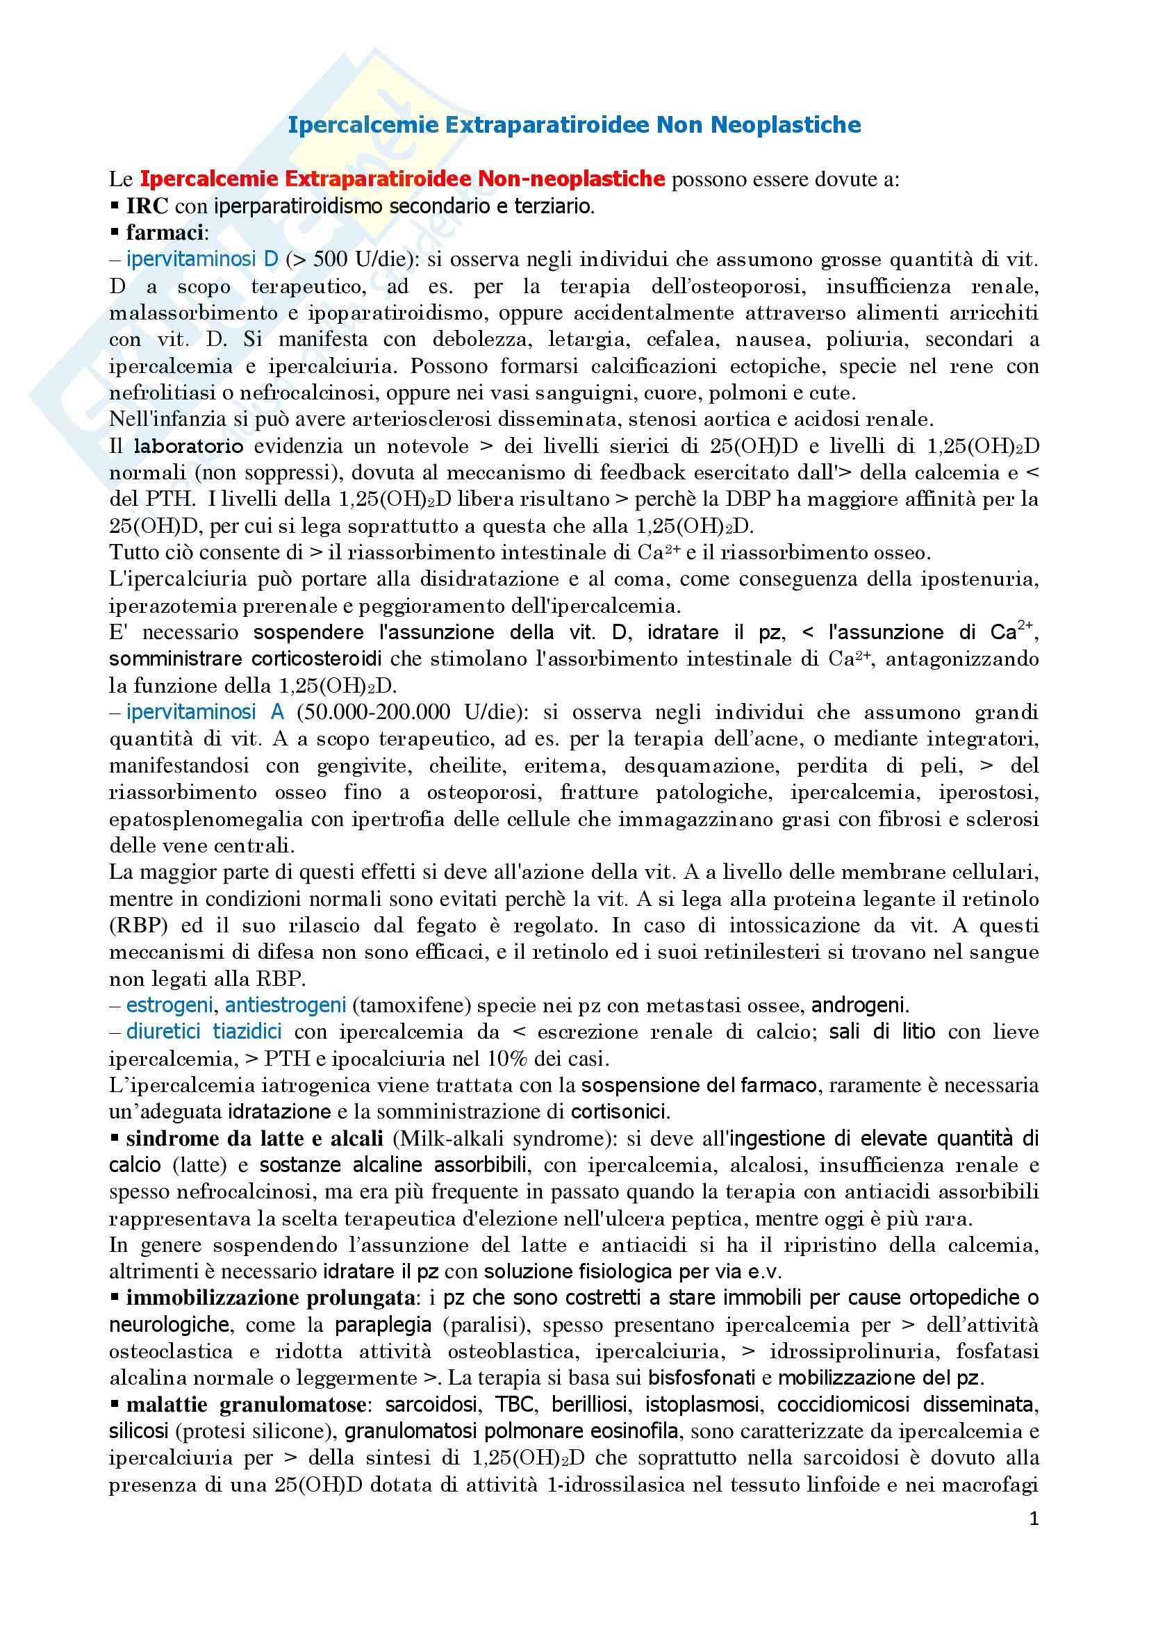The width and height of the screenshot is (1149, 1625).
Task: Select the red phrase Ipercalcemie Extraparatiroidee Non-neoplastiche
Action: point(403,179)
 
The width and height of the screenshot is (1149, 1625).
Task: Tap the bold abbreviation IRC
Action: point(147,206)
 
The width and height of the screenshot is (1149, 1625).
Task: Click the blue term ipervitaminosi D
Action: point(202,260)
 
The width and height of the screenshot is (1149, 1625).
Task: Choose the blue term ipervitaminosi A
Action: point(205,712)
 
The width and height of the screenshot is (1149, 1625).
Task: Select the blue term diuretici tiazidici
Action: point(204,1032)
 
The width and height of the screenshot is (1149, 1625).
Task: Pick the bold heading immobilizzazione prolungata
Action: point(270,1298)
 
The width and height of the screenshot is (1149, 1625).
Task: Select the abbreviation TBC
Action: point(514,1405)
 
